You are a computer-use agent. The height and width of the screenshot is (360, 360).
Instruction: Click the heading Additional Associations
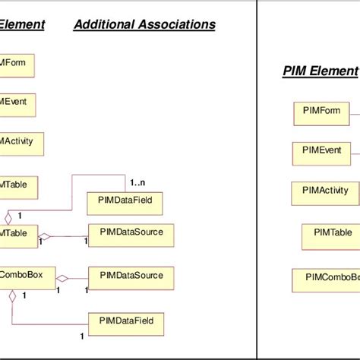(x=144, y=25)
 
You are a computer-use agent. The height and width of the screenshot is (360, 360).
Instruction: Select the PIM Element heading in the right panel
(x=320, y=71)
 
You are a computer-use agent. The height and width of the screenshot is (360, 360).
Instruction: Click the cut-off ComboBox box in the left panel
(x=27, y=278)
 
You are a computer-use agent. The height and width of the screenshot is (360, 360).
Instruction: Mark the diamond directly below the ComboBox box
(x=13, y=296)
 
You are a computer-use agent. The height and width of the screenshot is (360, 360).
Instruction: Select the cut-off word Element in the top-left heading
(x=21, y=25)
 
